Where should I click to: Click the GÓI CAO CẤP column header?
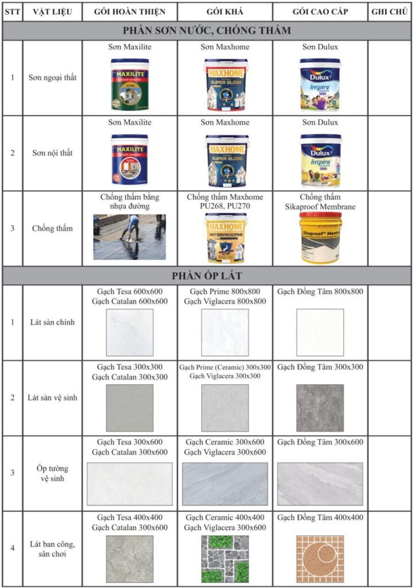(320, 11)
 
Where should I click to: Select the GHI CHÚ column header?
(390, 11)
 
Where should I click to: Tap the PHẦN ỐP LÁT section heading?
(207, 276)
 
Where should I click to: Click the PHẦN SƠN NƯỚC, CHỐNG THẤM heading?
(207, 30)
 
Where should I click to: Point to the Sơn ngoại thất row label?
(52, 78)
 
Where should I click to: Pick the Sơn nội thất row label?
(52, 153)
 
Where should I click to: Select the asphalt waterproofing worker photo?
(130, 237)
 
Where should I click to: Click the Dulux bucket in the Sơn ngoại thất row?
(320, 84)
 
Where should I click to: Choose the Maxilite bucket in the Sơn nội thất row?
(130, 160)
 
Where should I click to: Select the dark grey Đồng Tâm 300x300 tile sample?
(320, 408)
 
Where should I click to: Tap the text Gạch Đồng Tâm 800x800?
(320, 292)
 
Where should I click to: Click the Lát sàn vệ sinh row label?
(52, 397)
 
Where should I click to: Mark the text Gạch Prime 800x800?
(225, 292)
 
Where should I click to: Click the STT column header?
(12, 11)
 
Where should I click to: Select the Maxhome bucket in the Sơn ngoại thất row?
(225, 84)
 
